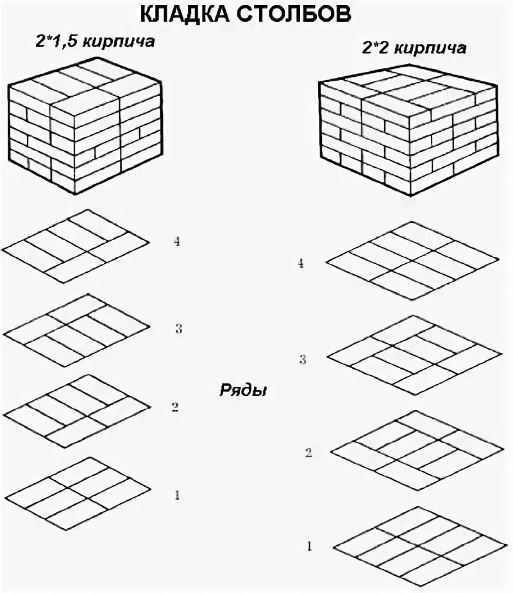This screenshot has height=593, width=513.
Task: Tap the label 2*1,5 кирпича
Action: (x=96, y=42)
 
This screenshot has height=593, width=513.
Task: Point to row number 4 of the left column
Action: (x=178, y=241)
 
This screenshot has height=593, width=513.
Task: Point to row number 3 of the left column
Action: (x=179, y=329)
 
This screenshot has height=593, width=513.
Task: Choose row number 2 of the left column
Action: (x=174, y=407)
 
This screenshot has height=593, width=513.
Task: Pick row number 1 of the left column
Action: (x=176, y=494)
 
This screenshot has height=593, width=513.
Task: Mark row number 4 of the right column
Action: (x=300, y=263)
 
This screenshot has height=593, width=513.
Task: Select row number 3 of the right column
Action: (x=303, y=359)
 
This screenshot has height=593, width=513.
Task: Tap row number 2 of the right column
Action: (x=308, y=453)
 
